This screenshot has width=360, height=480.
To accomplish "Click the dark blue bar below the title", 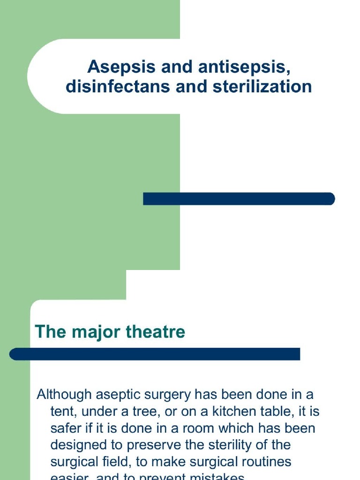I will (x=239, y=199).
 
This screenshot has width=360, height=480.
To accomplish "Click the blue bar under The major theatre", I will (x=155, y=354).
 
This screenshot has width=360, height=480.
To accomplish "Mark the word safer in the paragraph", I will (x=65, y=428).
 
